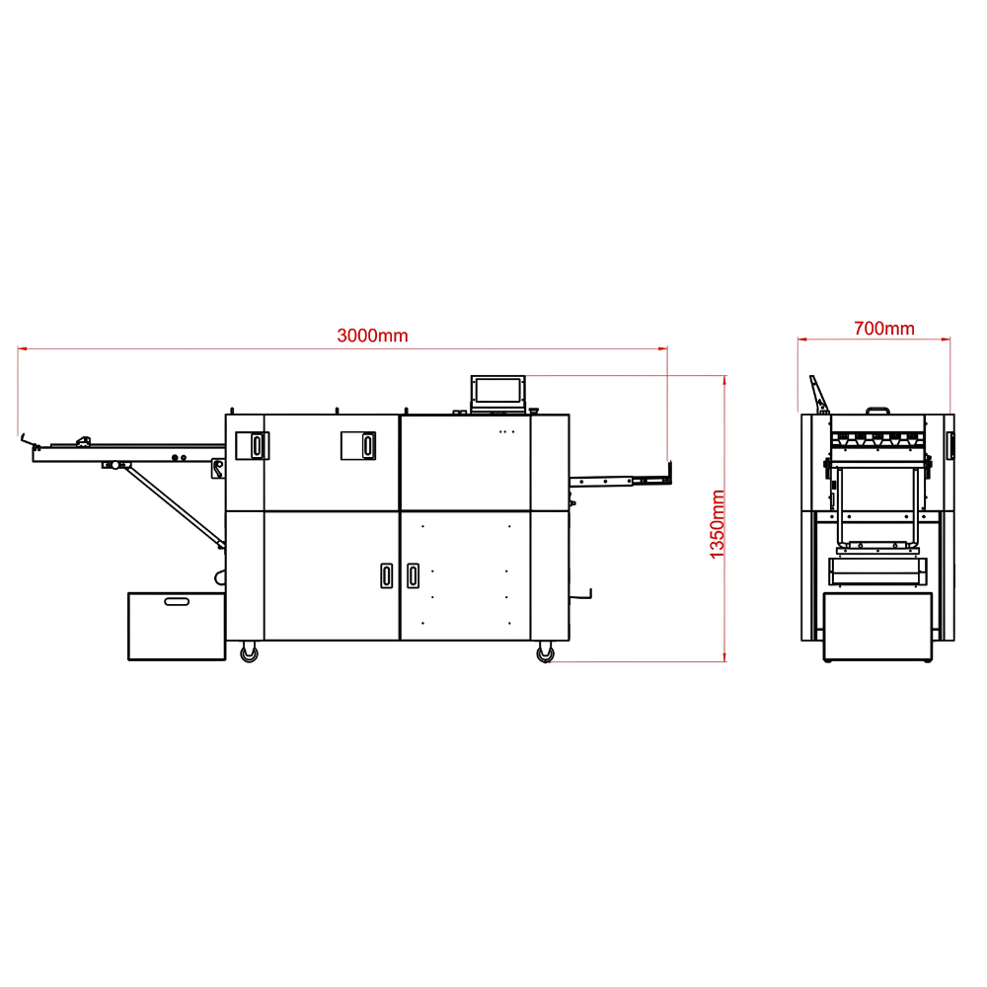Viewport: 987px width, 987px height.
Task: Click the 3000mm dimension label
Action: pyautogui.click(x=372, y=336)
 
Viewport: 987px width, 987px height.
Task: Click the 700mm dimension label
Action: pyautogui.click(x=883, y=329)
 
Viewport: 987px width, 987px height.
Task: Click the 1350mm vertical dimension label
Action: pyautogui.click(x=717, y=524)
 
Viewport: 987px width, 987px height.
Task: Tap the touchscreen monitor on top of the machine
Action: pyautogui.click(x=497, y=393)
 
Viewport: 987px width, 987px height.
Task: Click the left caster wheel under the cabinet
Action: pyautogui.click(x=250, y=652)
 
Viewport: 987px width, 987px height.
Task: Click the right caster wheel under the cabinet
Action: pyautogui.click(x=545, y=652)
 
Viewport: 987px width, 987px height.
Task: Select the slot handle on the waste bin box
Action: pyautogui.click(x=177, y=602)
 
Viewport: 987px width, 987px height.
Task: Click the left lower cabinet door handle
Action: pyautogui.click(x=387, y=575)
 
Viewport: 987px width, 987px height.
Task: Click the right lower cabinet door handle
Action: pyautogui.click(x=413, y=575)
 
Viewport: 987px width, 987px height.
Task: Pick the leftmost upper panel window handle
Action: pyautogui.click(x=257, y=445)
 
